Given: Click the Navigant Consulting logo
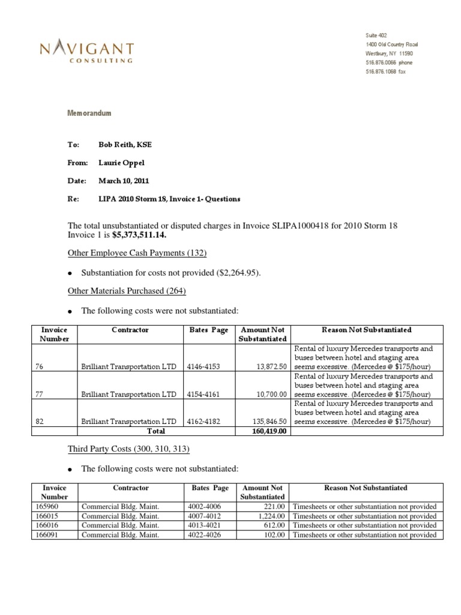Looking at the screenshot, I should pos(87,52).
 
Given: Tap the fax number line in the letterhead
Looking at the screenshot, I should pos(385,71).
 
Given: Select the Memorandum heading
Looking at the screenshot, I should pos(88,113).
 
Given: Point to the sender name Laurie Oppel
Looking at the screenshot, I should pos(122,163).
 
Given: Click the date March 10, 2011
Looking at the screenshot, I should pos(124,181).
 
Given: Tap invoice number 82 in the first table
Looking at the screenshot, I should pos(39,422).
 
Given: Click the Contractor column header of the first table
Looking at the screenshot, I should pos(130,330).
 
